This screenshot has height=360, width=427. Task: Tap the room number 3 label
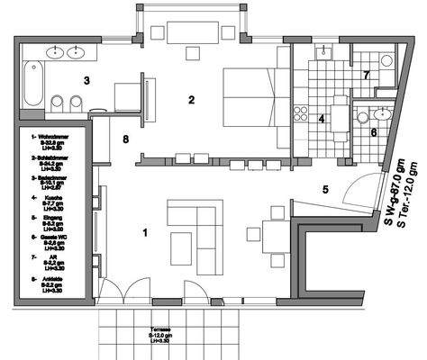tap(86, 80)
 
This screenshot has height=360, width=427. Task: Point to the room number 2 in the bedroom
tap(191, 100)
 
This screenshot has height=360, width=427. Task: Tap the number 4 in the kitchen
tap(322, 118)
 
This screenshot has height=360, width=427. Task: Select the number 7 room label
tap(366, 75)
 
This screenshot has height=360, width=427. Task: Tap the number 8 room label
tap(125, 139)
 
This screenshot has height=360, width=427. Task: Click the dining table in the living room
tap(274, 236)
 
